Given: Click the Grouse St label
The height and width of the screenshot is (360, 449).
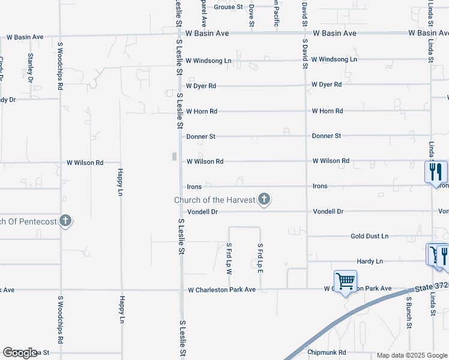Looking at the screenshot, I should coord(228,7).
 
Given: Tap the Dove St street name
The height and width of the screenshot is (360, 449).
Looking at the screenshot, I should coord(252,14).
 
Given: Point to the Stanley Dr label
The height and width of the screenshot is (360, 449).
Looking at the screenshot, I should coord(30,67).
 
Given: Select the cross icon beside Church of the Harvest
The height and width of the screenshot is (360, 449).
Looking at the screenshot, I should coord(264,200).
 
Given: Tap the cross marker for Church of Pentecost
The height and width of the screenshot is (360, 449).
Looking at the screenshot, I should coord(65,221).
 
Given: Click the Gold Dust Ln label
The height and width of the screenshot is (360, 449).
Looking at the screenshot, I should coord(369,236).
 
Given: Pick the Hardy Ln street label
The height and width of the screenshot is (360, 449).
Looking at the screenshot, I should coord(370,262).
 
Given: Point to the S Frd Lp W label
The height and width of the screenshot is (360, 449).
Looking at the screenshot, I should coord(229,258).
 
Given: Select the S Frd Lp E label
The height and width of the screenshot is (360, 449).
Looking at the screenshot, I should coord(260,258).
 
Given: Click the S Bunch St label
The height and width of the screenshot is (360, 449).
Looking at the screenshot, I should coord(408,311).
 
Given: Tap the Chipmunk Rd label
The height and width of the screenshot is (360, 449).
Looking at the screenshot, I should coord(327,352).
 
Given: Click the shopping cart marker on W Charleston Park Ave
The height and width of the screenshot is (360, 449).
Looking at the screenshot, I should coord(346,281).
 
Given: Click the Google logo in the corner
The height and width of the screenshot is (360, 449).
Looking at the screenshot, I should coord(19,353).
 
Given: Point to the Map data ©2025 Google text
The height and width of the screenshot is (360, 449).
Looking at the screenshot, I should coord(412,355).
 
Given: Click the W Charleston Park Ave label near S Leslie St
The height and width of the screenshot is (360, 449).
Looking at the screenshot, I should coord(221,290).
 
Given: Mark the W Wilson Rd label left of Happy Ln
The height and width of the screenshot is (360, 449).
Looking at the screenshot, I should coord(85,163).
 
